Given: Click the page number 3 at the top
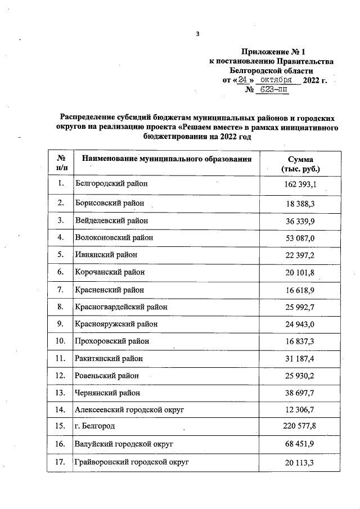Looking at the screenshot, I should pos(197,34).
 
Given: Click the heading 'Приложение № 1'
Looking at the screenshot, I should pos(271,51).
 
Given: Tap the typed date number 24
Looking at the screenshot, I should pos(242,80).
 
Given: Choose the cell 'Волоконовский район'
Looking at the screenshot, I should pos(114,237).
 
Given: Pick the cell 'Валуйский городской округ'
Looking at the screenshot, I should pos(124,444).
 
